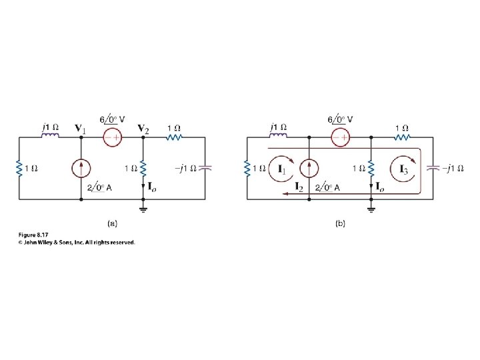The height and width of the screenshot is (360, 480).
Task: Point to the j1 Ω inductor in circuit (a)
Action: [51, 137]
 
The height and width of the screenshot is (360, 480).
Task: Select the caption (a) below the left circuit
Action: [111, 225]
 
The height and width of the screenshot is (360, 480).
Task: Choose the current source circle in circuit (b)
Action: [307, 169]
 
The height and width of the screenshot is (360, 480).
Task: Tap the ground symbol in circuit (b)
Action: [372, 209]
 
